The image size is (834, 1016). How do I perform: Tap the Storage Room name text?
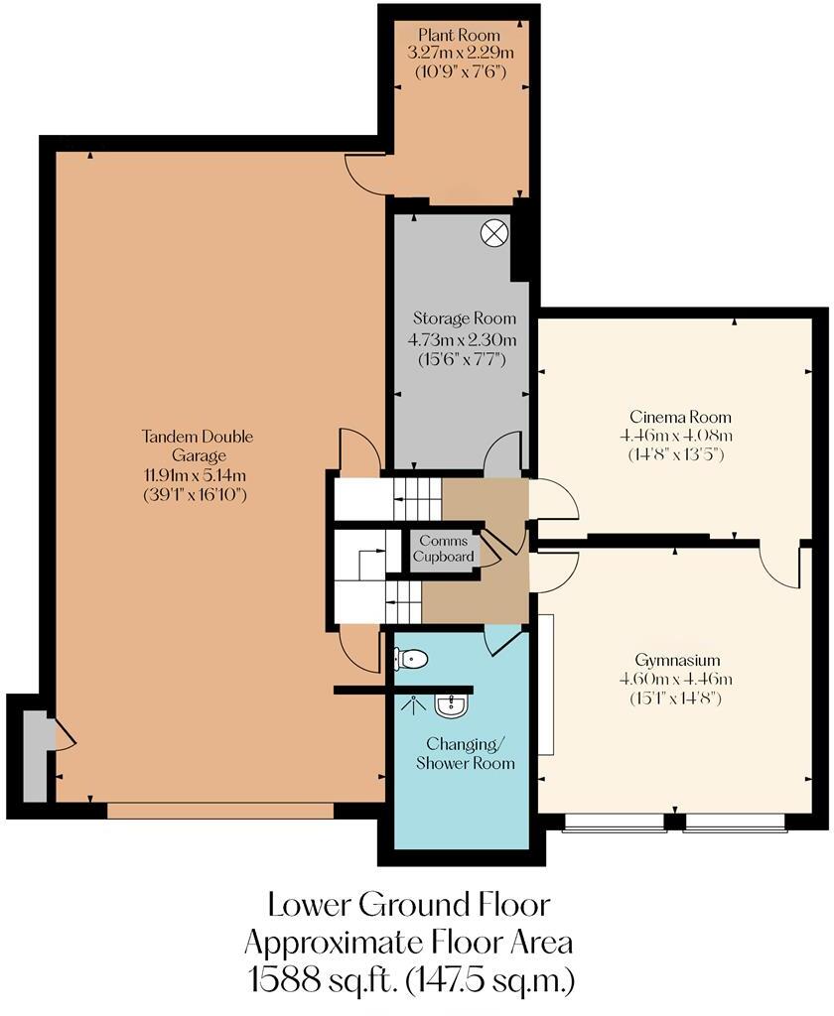pos(464,318)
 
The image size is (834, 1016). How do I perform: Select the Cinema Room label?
pos(674,416)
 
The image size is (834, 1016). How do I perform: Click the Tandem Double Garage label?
pos(198,445)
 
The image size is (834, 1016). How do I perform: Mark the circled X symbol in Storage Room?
pos(493,233)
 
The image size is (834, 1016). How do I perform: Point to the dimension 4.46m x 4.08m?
pos(674,435)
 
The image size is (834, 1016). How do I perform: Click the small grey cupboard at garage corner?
pos(34,757)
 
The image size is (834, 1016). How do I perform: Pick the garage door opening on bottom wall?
pos(220,811)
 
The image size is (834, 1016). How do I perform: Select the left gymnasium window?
pos(614,822)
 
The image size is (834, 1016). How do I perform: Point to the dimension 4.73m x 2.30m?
pos(464,338)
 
